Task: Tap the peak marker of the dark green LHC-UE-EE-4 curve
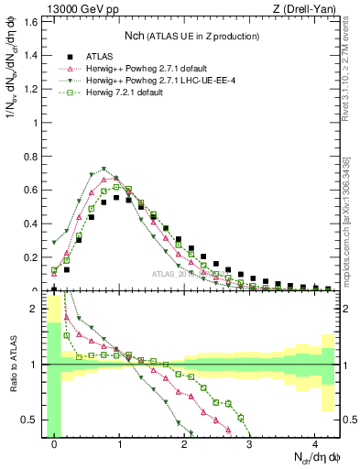[x=104, y=169]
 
